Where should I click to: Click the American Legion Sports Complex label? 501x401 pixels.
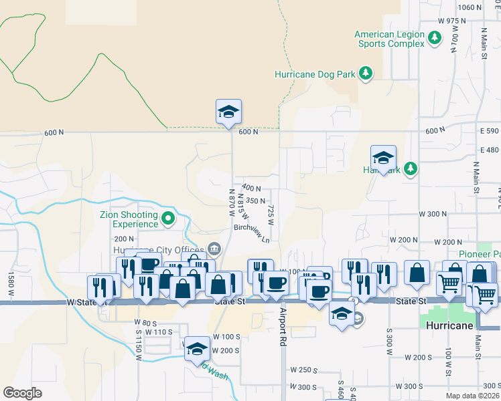point(389,39)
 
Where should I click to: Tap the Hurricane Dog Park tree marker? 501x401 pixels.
point(365,74)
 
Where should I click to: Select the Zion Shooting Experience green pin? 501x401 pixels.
point(167,219)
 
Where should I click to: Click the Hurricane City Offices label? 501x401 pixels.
point(163,250)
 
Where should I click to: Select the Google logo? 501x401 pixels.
point(22,392)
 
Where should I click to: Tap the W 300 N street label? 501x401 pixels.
point(432,214)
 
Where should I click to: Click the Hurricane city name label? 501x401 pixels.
point(449,325)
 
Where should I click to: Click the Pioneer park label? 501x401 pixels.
point(480,254)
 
